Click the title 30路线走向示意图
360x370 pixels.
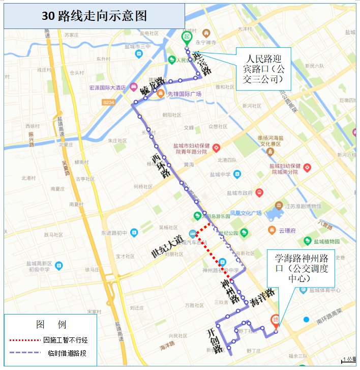[x=94, y=16]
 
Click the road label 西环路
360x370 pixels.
[x=161, y=162]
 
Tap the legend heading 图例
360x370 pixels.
[x=51, y=324]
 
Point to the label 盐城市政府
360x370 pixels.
[x=240, y=193]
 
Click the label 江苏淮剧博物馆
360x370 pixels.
[x=303, y=206]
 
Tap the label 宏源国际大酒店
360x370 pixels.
[x=107, y=88]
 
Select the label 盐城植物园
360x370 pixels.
[x=327, y=242]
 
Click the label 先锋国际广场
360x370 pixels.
[x=185, y=94]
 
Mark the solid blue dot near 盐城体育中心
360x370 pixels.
[x=306, y=320]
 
